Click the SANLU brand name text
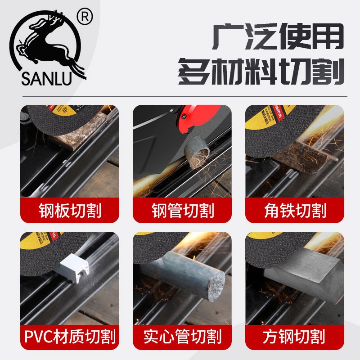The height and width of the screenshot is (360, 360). (x=46, y=77)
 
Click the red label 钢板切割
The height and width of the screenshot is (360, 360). (x=69, y=210)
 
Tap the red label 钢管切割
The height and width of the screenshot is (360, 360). (x=182, y=210)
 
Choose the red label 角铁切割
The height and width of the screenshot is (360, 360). (x=294, y=210)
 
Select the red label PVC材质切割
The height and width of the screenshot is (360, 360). (x=69, y=336)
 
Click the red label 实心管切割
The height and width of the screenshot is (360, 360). (x=182, y=336)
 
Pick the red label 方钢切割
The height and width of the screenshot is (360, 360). (x=294, y=336)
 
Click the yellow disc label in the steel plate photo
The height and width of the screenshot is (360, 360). (x=67, y=110)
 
